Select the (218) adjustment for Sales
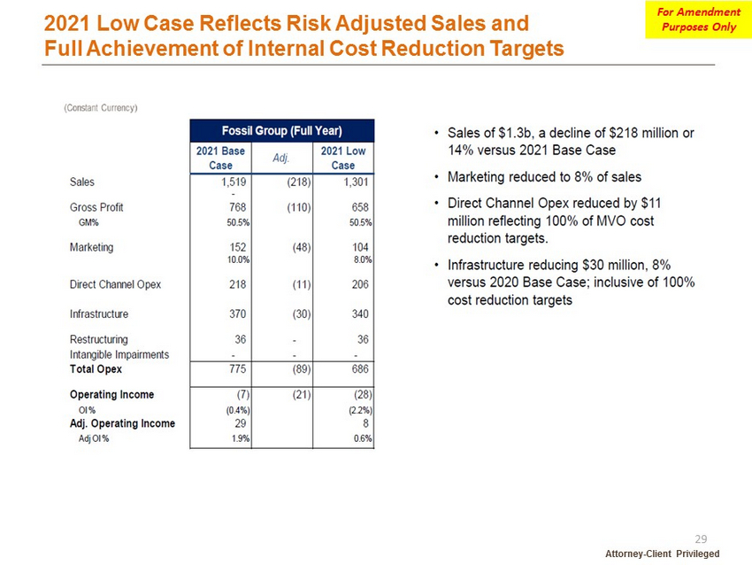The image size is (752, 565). coord(299,182)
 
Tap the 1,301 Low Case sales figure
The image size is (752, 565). coord(356,182)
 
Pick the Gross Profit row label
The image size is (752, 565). coord(96,207)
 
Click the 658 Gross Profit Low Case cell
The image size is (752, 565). coord(360,207)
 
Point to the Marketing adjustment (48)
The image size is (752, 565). coord(302,247)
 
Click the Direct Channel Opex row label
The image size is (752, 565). coord(115,284)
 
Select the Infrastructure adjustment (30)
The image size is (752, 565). coord(302,314)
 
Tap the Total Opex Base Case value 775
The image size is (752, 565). coord(237,368)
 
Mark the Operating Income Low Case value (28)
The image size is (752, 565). coord(363,395)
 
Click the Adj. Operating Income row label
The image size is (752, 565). coord(122,423)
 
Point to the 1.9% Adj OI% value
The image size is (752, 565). coord(241,438)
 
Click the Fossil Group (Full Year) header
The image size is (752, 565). coord(282,130)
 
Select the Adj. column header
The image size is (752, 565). coord(281,158)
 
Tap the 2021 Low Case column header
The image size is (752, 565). coord(343,158)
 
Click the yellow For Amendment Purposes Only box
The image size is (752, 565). coord(698,19)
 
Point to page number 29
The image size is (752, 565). coord(701,539)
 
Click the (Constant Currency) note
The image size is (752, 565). coord(101,108)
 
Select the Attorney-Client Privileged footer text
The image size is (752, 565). coord(663,553)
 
